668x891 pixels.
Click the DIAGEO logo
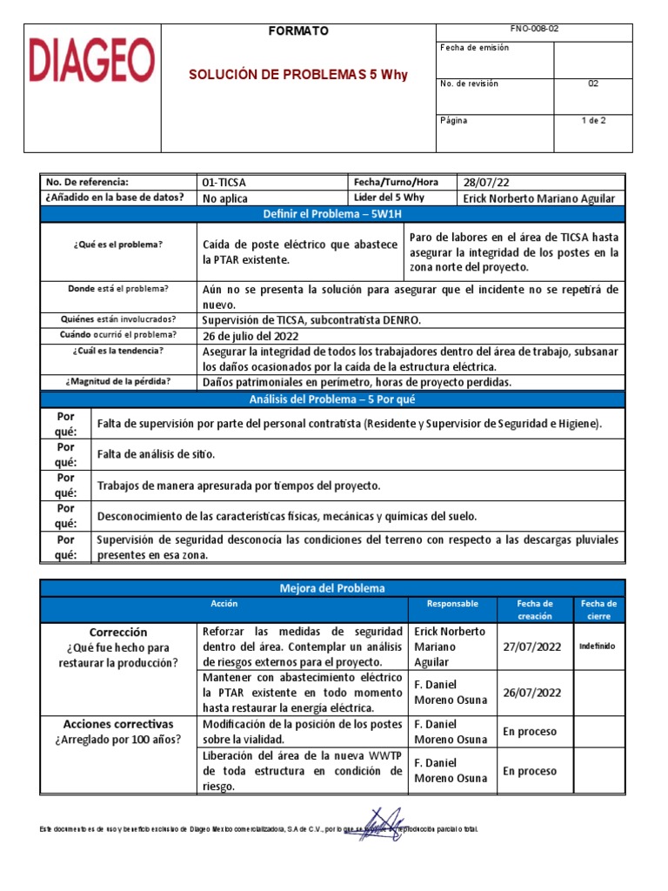(x=93, y=61)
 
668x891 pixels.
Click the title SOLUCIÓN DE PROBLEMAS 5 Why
(x=298, y=75)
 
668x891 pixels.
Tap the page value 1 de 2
(x=593, y=121)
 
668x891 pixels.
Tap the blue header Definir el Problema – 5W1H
(x=332, y=214)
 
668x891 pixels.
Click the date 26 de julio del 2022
(x=250, y=336)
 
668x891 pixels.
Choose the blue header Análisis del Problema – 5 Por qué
(x=332, y=399)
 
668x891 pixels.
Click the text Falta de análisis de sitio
(x=157, y=454)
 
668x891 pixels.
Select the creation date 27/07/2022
(x=532, y=646)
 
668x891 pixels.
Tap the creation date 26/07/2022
(x=532, y=693)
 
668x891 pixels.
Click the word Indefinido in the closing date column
(x=597, y=646)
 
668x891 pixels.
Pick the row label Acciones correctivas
(x=118, y=724)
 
